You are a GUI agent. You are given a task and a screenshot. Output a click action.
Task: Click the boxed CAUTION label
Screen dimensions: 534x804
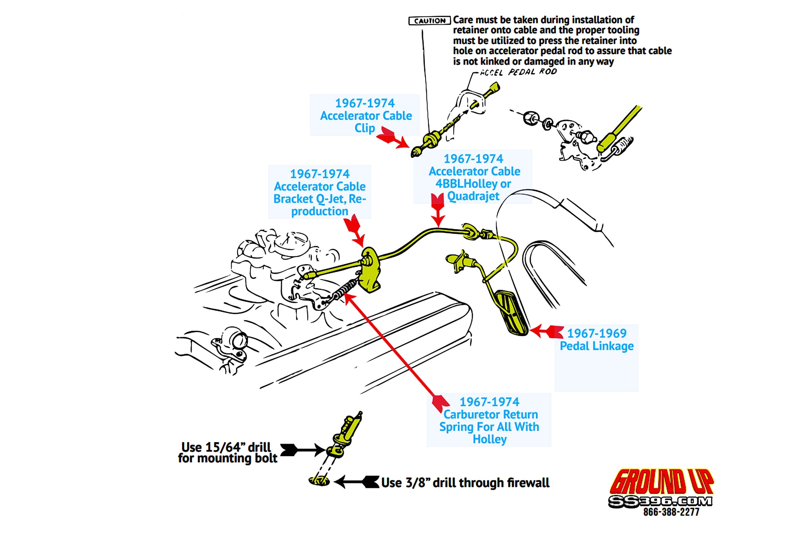point(429,21)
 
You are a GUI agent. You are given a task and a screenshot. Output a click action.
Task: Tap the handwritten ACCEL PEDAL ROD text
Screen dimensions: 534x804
point(518,72)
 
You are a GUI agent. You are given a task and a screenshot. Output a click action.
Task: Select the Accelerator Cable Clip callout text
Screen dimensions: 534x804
point(365,115)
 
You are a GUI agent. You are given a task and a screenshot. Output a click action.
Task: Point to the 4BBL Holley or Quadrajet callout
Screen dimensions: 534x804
point(474,177)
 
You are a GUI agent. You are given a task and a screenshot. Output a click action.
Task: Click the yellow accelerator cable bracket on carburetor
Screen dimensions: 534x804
point(371,271)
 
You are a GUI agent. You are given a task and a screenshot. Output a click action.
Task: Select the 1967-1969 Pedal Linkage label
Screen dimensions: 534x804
point(596,340)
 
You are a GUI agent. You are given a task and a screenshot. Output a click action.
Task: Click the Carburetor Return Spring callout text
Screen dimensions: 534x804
point(489,420)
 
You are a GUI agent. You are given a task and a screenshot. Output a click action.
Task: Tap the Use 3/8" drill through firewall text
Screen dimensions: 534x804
point(465,483)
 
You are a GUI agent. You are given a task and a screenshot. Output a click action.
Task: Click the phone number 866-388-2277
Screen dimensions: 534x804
point(671,512)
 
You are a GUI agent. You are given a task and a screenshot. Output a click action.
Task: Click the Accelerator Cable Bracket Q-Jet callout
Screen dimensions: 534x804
point(320,192)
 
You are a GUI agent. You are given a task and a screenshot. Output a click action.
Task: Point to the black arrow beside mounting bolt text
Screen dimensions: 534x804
point(302,450)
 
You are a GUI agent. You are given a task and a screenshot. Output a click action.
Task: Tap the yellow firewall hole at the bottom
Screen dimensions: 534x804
point(319,480)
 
